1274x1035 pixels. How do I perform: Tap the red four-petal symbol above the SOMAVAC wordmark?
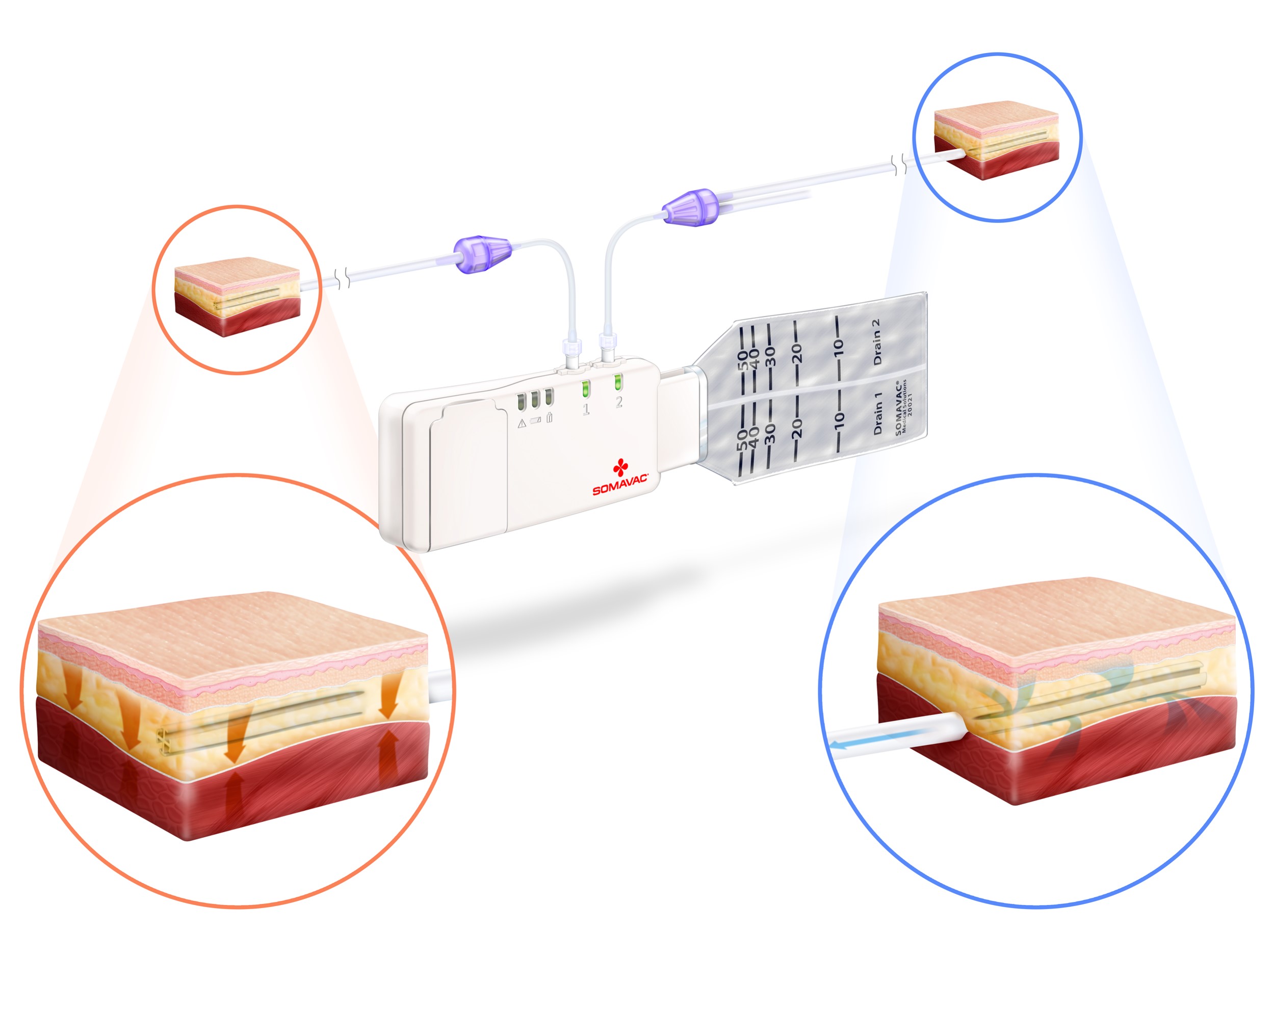[620, 467]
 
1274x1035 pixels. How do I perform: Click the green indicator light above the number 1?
[586, 388]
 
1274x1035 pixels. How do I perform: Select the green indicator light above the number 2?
[618, 382]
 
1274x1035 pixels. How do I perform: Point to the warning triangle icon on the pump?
[522, 423]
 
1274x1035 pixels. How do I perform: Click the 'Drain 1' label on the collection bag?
[877, 413]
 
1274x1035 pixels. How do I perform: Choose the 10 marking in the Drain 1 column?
[839, 418]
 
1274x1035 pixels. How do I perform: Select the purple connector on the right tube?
[689, 207]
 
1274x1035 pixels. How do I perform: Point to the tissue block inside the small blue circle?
[996, 140]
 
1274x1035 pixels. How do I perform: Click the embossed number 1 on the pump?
[586, 409]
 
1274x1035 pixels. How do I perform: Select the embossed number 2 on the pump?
[619, 403]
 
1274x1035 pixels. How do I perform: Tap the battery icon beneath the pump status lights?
[536, 420]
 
